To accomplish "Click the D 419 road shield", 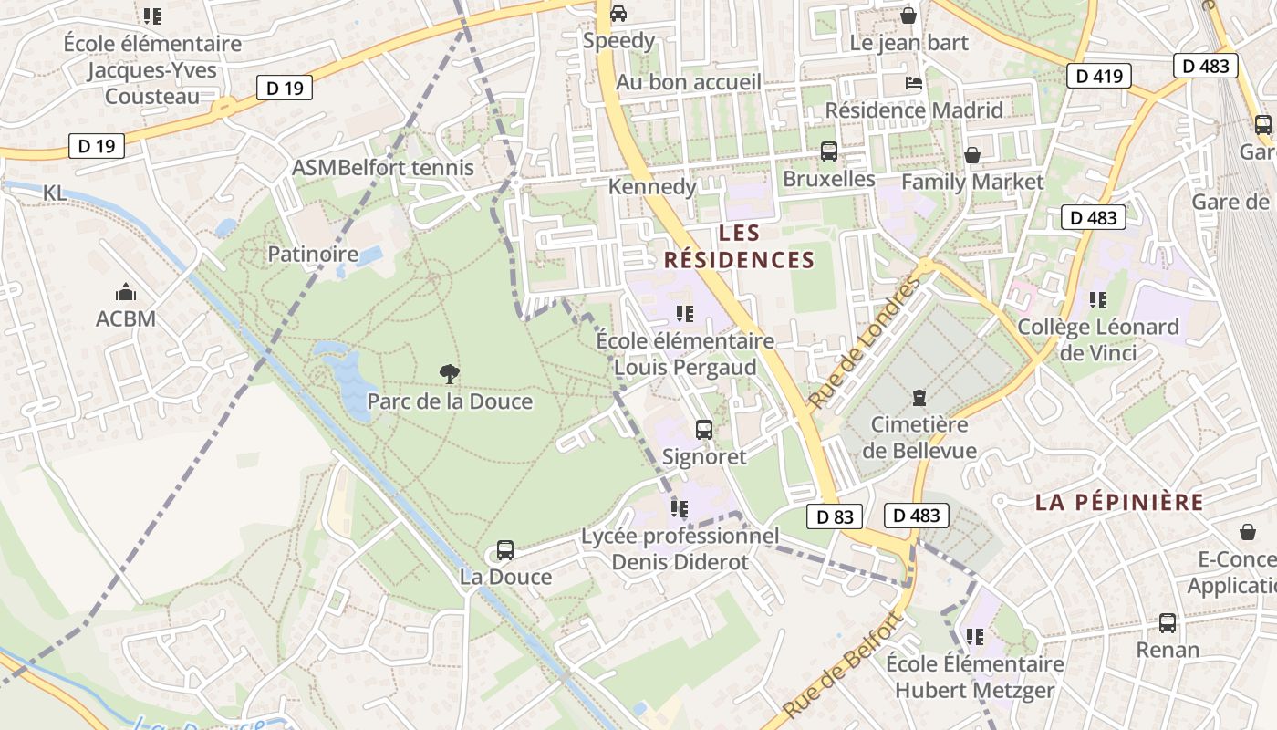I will (1098, 76).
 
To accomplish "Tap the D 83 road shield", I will (835, 516).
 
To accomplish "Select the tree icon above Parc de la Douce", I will (449, 373).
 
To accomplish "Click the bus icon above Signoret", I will (703, 429).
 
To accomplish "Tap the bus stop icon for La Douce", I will (504, 550).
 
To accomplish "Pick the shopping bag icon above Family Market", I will (972, 154).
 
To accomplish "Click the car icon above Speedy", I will (618, 14).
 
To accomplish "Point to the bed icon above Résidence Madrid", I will (913, 83).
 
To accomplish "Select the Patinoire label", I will (313, 254).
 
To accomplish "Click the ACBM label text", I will (126, 319).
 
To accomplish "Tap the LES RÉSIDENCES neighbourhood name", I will (739, 246).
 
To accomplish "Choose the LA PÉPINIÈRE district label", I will (1119, 502).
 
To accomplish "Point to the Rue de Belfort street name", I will (842, 665).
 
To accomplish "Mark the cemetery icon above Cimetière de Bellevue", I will (919, 398).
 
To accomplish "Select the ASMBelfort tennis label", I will (382, 168).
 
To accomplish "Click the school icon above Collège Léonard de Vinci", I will (1097, 299).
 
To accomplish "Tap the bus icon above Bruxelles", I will (828, 151).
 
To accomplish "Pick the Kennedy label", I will (651, 187).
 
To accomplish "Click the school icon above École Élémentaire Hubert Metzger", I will (974, 636).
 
